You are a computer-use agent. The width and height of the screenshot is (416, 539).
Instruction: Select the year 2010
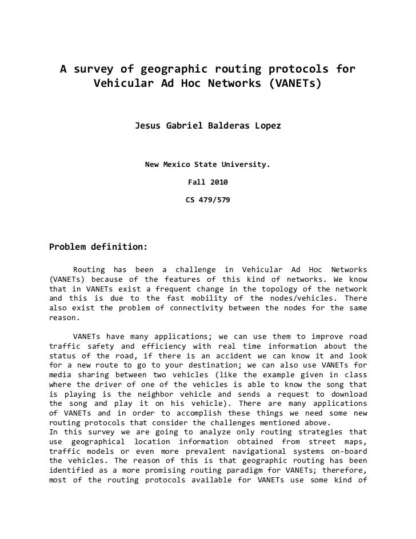coord(219,183)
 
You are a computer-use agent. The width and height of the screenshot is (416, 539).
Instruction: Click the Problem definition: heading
coord(98,247)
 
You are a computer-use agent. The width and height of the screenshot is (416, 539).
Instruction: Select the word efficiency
coord(170,346)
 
